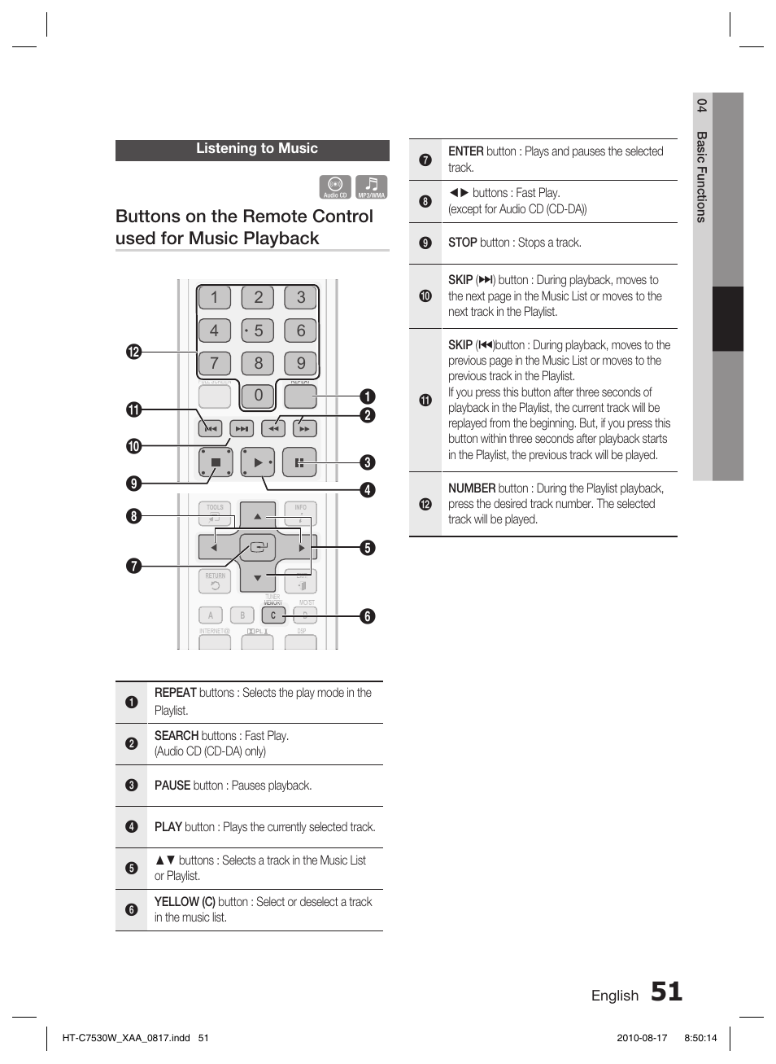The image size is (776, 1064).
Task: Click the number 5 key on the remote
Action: (258, 331)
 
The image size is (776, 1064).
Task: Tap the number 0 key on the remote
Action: (258, 396)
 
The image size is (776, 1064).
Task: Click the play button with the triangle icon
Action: (258, 462)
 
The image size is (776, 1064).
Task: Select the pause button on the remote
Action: (299, 462)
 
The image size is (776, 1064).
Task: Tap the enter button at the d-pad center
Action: (258, 548)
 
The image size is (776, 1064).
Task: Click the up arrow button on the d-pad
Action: (258, 516)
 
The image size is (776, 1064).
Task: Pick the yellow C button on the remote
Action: (273, 616)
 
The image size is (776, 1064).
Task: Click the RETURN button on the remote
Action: (215, 581)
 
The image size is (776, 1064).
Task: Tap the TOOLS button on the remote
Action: (215, 512)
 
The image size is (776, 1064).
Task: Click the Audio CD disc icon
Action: (335, 187)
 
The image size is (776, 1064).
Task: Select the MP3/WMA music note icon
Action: (371, 187)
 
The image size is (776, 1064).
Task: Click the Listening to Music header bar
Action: (252, 150)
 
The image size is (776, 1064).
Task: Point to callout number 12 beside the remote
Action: (133, 352)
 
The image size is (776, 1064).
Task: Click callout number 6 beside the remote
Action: (368, 616)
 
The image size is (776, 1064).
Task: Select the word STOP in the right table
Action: (462, 243)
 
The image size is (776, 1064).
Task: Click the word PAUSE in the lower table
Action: (172, 786)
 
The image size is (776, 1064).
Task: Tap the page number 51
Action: (666, 992)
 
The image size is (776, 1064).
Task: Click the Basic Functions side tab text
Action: (702, 176)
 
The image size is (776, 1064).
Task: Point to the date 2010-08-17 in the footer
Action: (642, 1038)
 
